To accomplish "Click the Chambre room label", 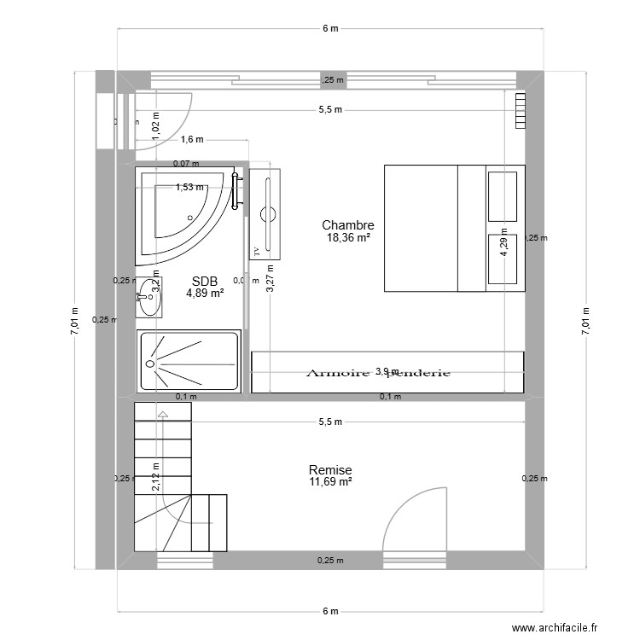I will [347, 225].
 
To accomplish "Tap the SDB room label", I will [205, 281].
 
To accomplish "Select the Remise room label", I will [330, 470].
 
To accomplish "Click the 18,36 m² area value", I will [348, 238].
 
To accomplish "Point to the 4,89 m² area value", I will [205, 293].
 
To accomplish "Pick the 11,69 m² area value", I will [330, 482].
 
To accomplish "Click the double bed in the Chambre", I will [452, 228].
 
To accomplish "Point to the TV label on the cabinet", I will [255, 251].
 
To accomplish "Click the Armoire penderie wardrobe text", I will [377, 373].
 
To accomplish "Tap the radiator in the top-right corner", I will [521, 111].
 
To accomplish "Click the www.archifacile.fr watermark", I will [561, 629].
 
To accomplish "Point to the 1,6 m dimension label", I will [193, 139].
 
